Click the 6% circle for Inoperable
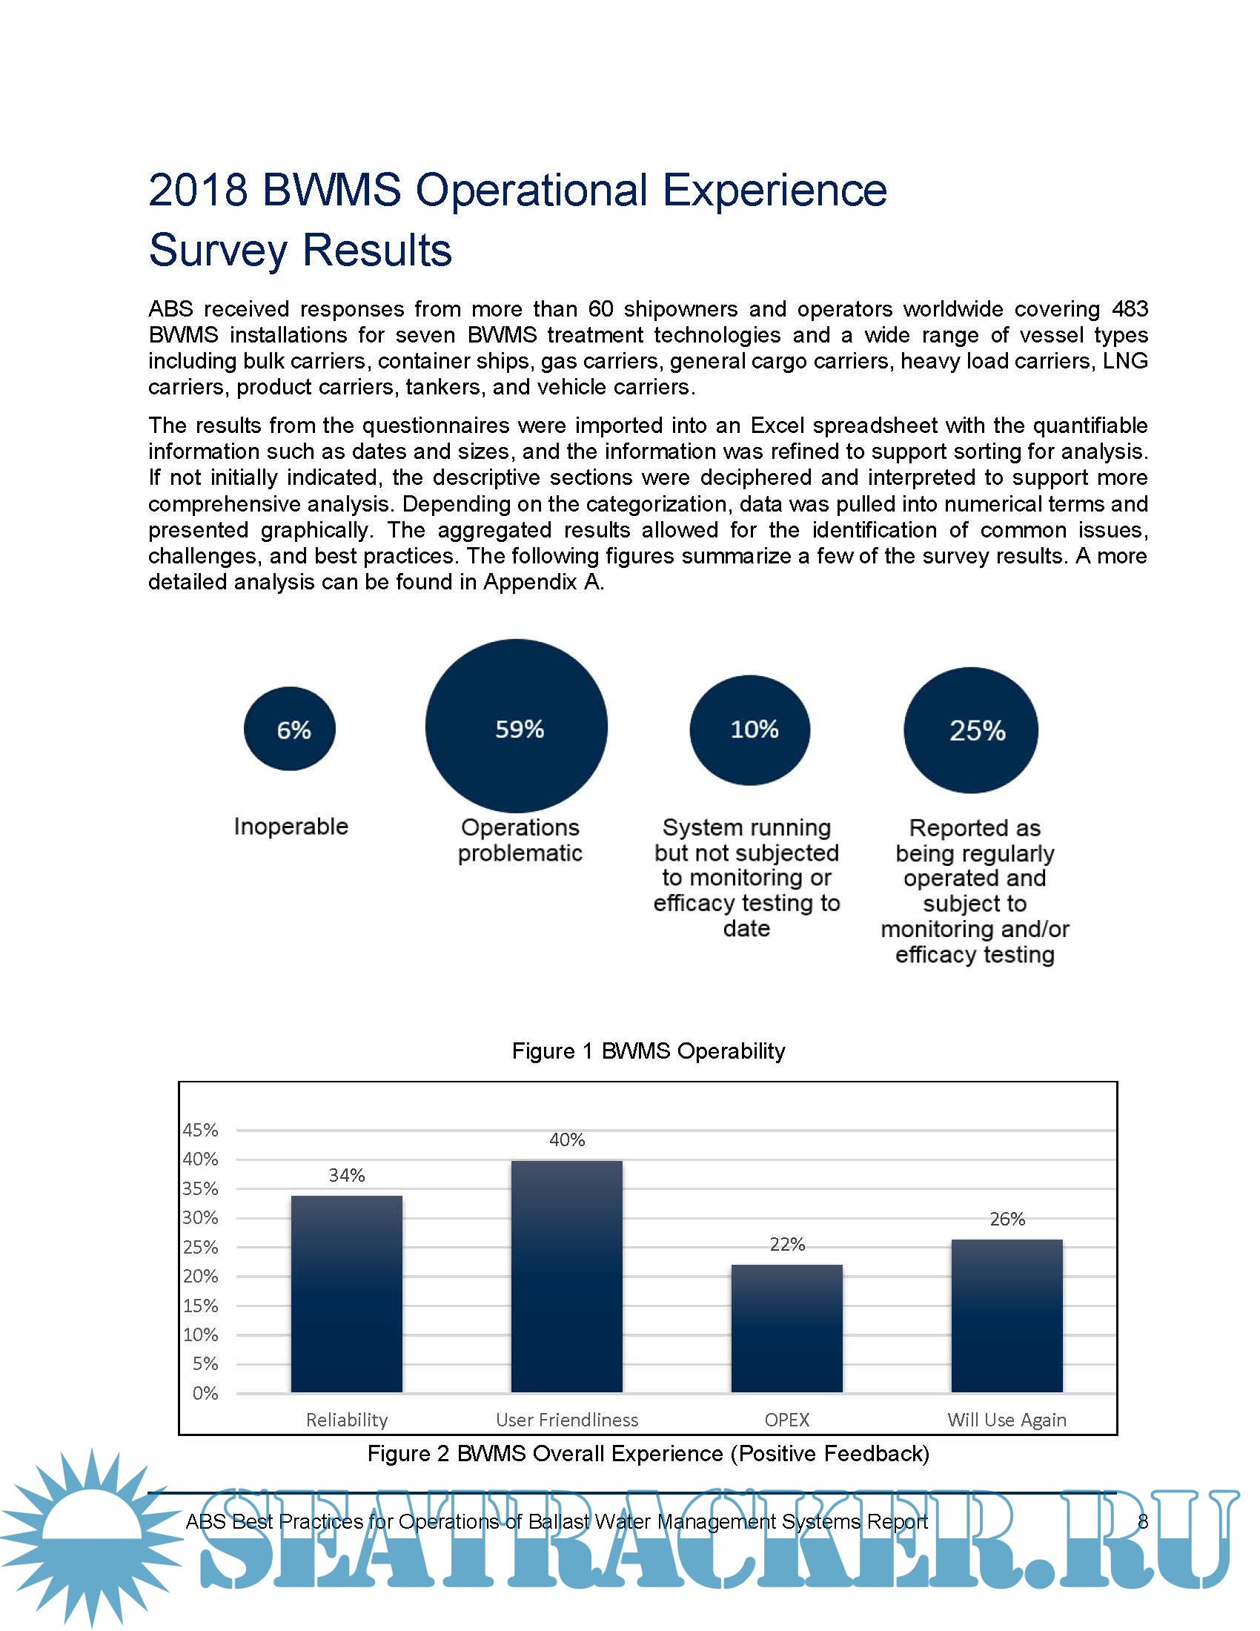[x=290, y=729]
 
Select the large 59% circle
[x=517, y=726]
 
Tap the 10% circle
[x=749, y=730]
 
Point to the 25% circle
[x=970, y=730]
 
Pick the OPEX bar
[x=786, y=1329]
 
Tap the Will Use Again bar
[x=1007, y=1316]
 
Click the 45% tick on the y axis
[x=200, y=1131]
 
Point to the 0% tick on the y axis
[x=205, y=1394]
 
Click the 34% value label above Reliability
[x=347, y=1176]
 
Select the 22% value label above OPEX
[x=787, y=1244]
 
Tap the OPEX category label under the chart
[x=786, y=1420]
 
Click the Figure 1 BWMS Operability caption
[x=648, y=1051]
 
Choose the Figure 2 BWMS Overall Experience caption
[x=648, y=1453]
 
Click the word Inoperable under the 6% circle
[x=291, y=827]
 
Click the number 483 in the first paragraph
[x=1130, y=308]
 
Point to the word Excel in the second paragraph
[x=777, y=425]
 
